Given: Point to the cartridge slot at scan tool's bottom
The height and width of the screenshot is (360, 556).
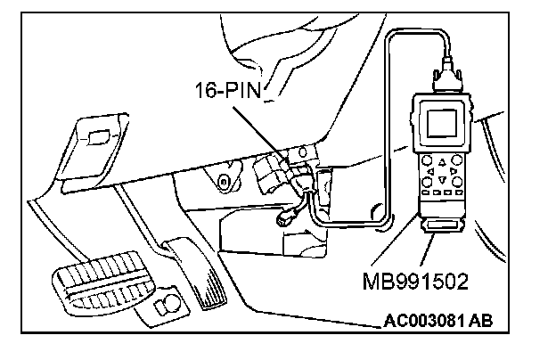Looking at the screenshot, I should click(441, 233).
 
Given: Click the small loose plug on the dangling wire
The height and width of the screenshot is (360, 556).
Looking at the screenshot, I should click(289, 217).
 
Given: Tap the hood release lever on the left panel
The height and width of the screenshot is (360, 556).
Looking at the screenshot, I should click(97, 135).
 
